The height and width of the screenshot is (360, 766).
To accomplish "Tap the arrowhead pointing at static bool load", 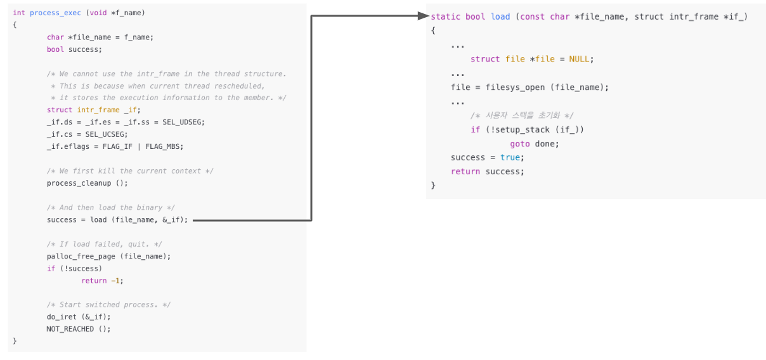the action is [x=424, y=16].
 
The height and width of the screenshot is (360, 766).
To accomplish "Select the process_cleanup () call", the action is [x=87, y=183].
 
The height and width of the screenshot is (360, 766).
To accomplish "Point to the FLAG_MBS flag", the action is [x=166, y=146].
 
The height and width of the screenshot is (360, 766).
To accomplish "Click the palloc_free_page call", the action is [x=81, y=256].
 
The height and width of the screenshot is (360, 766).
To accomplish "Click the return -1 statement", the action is [x=101, y=281].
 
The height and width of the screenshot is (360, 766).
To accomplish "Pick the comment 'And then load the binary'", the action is [x=110, y=208].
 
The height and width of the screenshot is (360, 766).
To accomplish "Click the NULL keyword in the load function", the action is [x=580, y=59].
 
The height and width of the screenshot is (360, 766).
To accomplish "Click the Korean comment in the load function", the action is [x=521, y=115].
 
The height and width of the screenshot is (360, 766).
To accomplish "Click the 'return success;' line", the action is [x=488, y=171].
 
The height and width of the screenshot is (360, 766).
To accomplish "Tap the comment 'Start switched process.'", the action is [x=108, y=305].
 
